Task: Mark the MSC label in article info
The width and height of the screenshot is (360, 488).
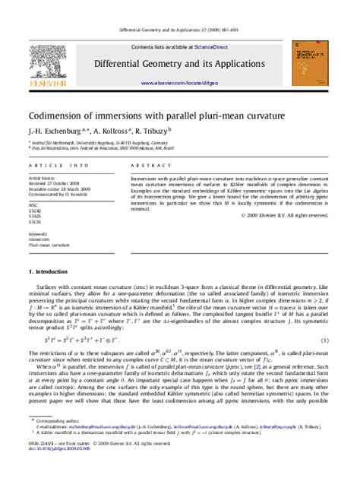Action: [33, 204]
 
